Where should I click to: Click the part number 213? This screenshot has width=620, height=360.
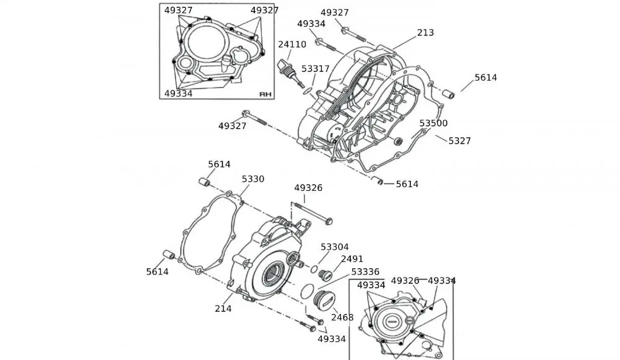click(x=425, y=33)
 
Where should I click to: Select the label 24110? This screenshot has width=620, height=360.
click(x=291, y=45)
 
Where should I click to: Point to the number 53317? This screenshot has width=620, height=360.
click(x=316, y=69)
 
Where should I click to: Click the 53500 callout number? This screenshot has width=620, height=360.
click(x=433, y=123)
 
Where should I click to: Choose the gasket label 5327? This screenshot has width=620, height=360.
click(x=459, y=141)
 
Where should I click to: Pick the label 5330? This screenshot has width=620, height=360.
click(x=253, y=179)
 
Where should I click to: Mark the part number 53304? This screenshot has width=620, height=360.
click(x=334, y=247)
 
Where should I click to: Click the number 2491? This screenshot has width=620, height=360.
click(x=352, y=259)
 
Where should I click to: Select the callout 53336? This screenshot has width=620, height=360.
click(x=365, y=272)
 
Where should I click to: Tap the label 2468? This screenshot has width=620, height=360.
click(x=342, y=317)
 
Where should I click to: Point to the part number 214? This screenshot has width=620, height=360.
click(x=223, y=309)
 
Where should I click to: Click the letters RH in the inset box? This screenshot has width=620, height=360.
click(x=265, y=94)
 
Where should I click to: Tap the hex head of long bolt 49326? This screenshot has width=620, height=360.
click(x=329, y=221)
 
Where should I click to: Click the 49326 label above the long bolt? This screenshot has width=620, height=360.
click(x=308, y=188)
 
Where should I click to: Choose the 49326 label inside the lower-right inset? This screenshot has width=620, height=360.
click(x=405, y=281)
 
